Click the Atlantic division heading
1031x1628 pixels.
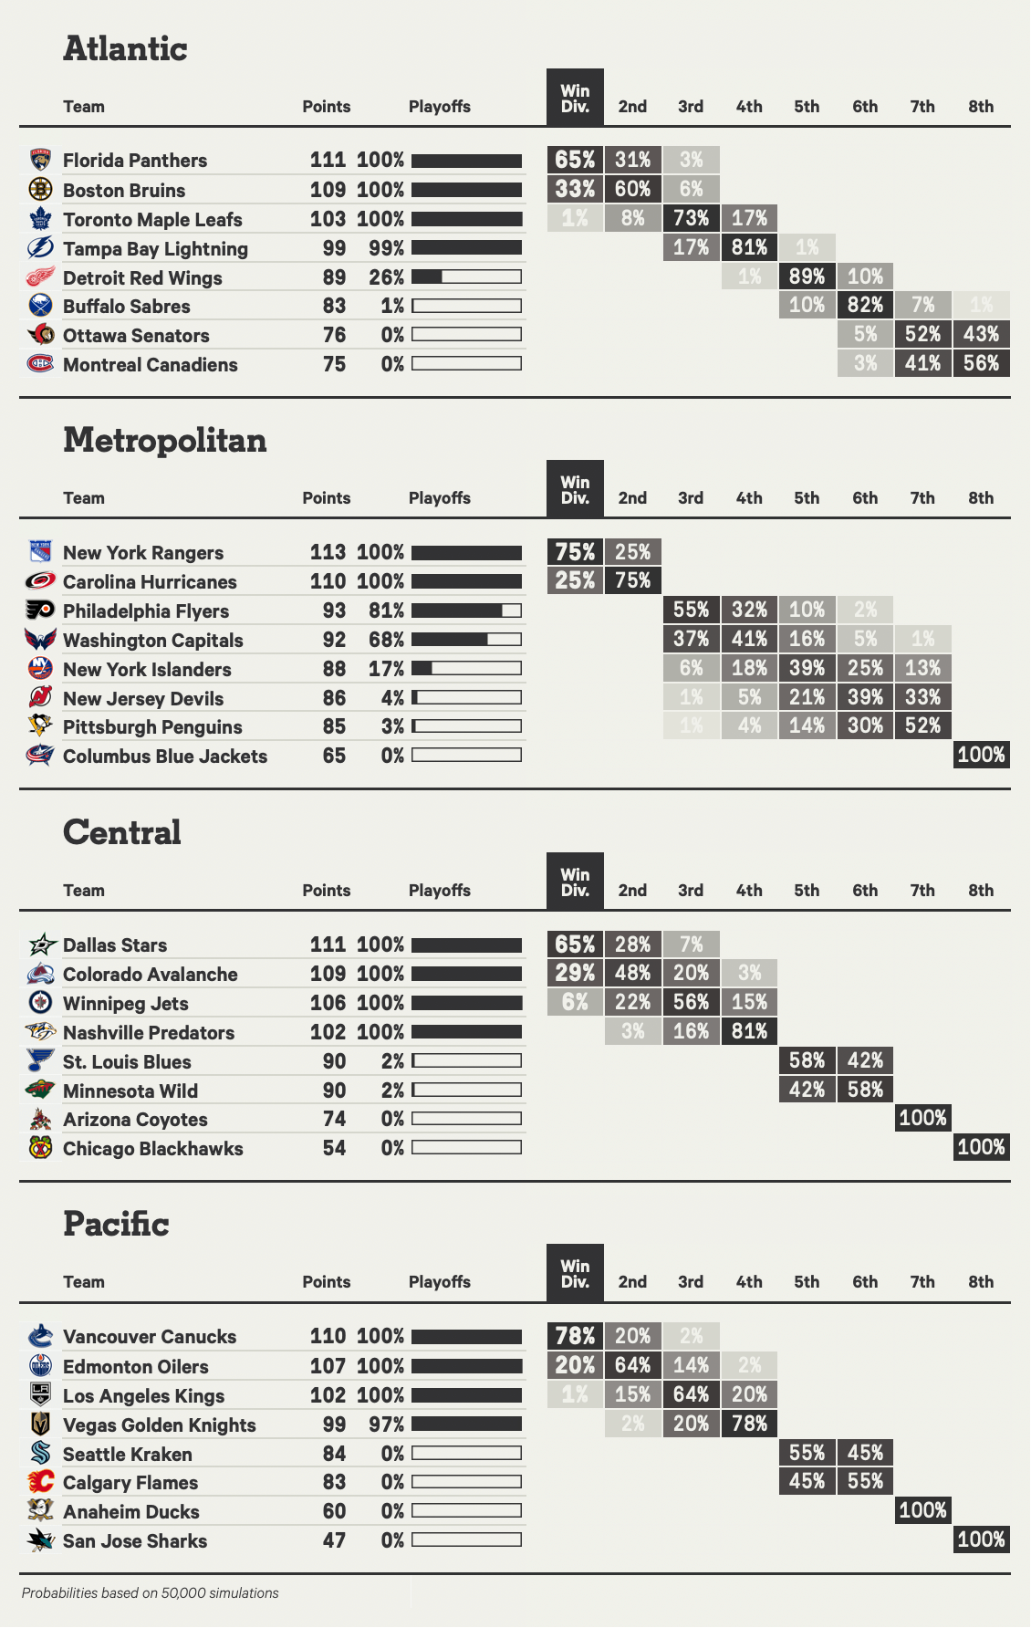point(125,48)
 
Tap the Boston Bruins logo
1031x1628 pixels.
point(40,189)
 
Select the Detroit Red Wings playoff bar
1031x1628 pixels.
point(466,277)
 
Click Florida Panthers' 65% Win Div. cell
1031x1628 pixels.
point(575,160)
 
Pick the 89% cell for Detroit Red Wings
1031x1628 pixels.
point(807,277)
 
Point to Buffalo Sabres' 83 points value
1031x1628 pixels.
point(334,307)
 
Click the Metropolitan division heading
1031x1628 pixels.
point(165,440)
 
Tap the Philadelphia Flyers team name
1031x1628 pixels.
point(146,611)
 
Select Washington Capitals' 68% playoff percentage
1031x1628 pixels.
point(386,640)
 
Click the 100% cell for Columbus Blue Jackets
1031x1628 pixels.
point(981,755)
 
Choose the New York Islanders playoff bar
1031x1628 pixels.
point(466,669)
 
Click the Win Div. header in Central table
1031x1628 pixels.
point(575,882)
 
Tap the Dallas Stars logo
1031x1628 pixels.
point(40,944)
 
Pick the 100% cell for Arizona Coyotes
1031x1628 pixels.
point(922,1118)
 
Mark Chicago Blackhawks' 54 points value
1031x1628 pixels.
point(334,1148)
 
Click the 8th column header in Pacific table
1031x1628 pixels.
point(981,1282)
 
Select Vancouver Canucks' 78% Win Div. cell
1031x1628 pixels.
point(575,1336)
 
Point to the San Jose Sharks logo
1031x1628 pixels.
point(40,1540)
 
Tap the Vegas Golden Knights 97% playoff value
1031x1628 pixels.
point(386,1424)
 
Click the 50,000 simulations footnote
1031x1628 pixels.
point(151,1593)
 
